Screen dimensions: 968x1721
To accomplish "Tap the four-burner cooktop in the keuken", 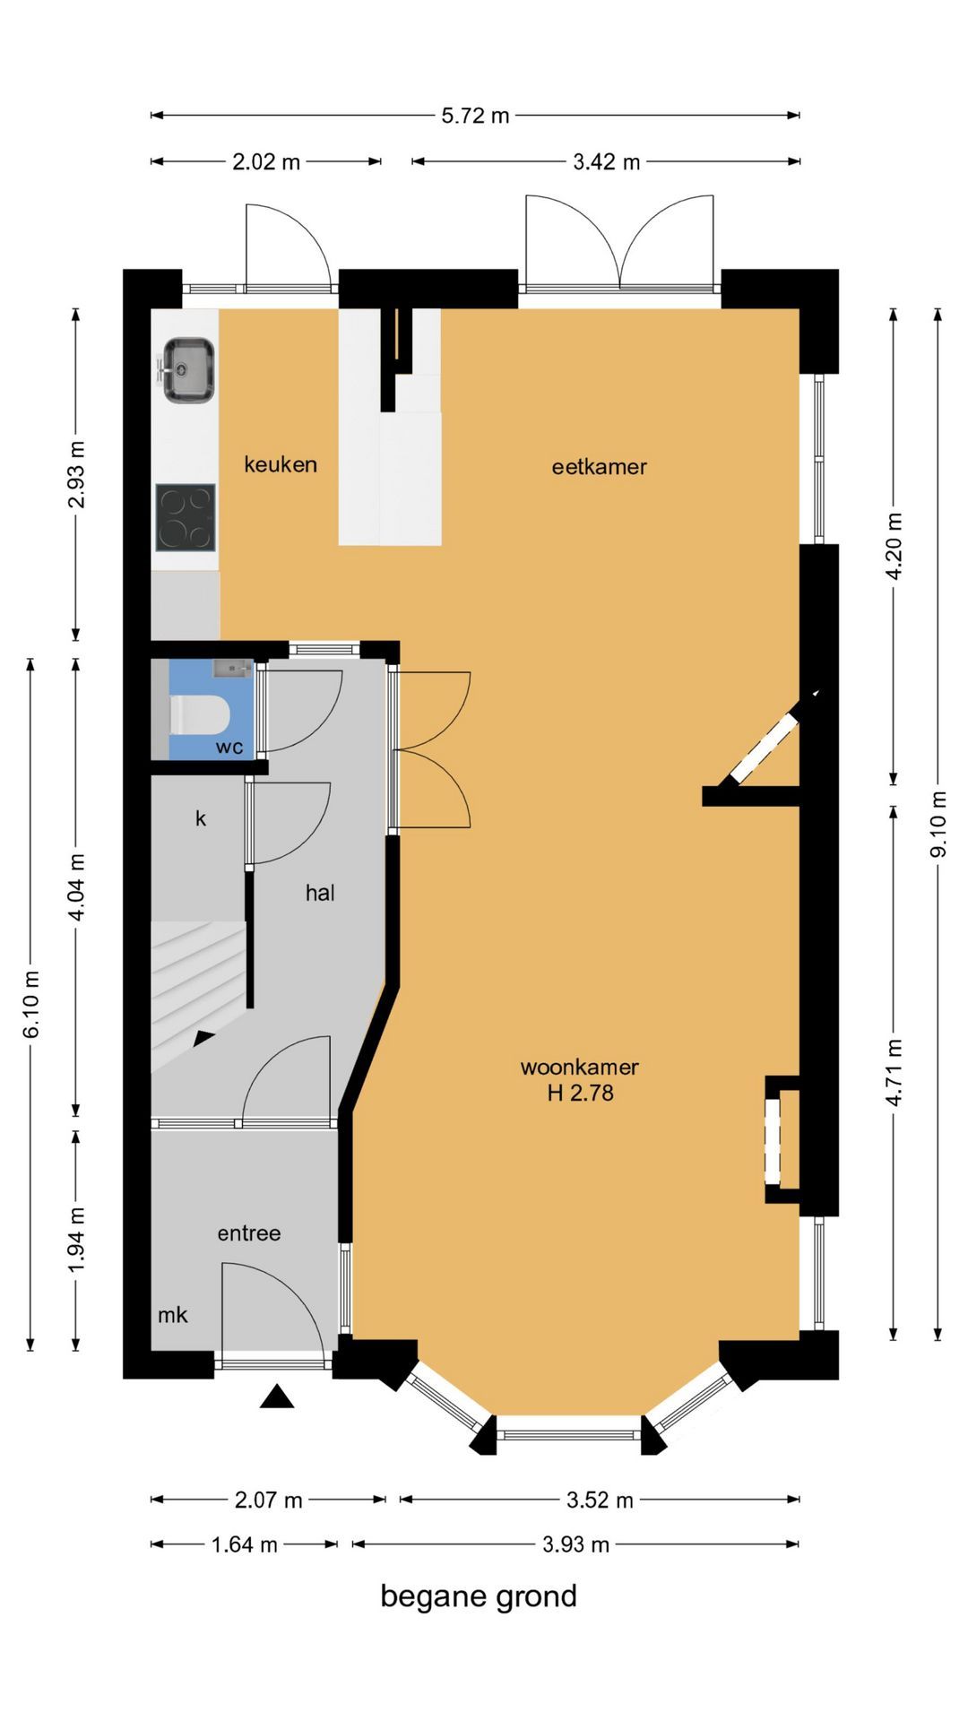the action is tap(186, 517).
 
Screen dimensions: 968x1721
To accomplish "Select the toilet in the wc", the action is tap(200, 714).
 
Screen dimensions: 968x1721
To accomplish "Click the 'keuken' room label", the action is tap(281, 464).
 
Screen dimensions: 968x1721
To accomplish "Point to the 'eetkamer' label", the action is tap(599, 466).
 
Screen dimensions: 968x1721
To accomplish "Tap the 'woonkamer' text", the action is tap(579, 1067).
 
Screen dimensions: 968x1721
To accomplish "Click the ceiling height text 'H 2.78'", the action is tap(580, 1093).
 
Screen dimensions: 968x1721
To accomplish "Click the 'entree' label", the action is tap(249, 1233).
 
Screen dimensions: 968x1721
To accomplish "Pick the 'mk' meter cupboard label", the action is tap(173, 1315).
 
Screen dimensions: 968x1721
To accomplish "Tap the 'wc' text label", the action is tap(229, 748).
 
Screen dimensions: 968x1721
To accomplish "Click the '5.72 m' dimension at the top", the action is tap(475, 116).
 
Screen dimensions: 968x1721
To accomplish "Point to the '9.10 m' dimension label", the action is tap(938, 824).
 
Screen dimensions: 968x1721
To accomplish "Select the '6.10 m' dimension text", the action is tap(30, 1004).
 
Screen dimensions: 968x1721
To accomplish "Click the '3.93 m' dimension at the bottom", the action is tap(575, 1544).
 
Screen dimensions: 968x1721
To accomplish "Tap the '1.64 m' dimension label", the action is tap(244, 1544).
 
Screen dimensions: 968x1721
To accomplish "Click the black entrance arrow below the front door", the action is tap(277, 1397).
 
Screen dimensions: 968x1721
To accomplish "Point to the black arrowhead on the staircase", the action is tap(204, 1038).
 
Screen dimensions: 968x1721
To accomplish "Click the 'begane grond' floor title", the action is tap(479, 1596).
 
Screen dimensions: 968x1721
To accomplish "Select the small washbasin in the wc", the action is tap(232, 669).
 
